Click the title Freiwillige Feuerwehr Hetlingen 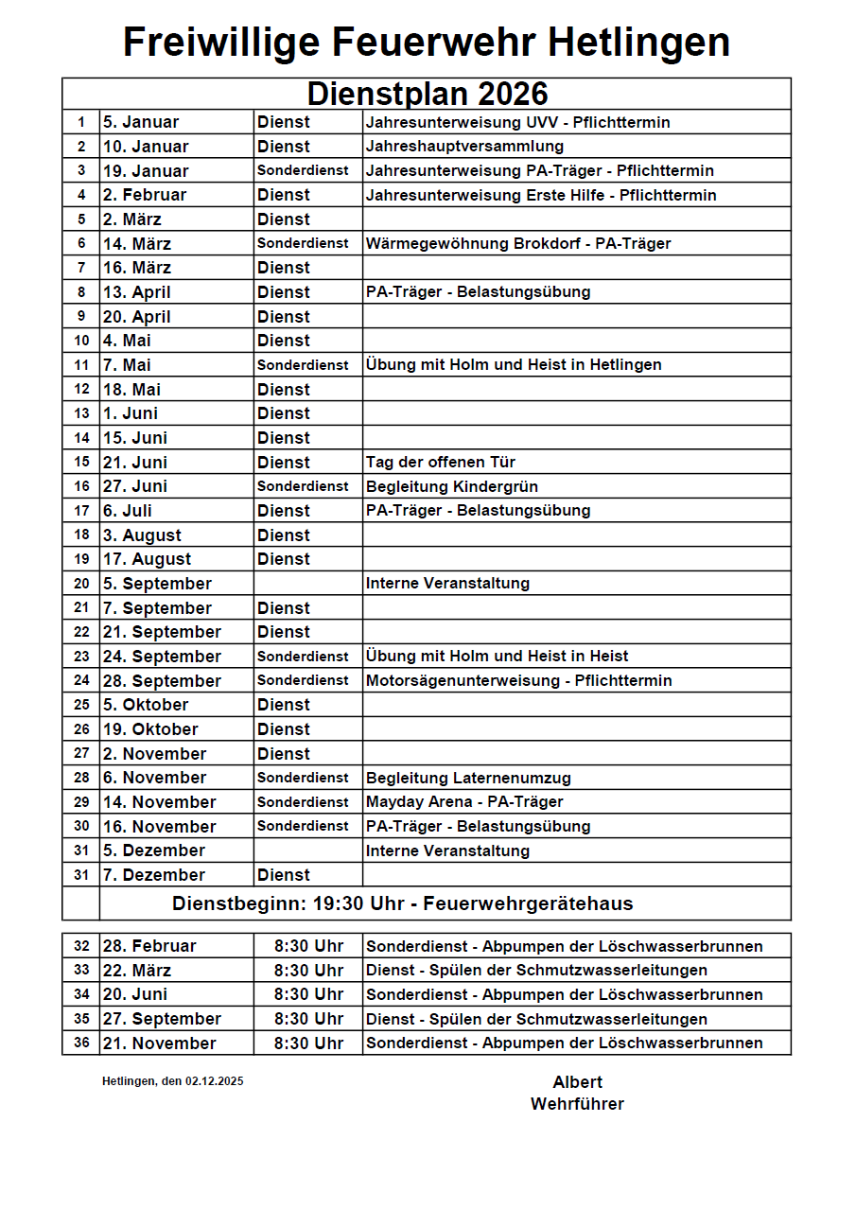427,43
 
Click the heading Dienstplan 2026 427,94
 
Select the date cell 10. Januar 146,147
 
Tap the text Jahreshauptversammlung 464,147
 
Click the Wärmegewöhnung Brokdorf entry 518,244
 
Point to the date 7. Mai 127,365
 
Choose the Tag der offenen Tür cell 441,463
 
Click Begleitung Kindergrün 452,486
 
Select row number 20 81,584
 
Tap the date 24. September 162,657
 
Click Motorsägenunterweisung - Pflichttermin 519,681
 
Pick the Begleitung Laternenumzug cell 468,779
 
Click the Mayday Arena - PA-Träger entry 464,802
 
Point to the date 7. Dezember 154,875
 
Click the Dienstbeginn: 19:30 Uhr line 403,903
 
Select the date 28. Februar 149,946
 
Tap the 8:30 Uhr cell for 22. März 308,971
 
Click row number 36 81,1043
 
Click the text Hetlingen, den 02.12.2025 172,1081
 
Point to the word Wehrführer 577,1104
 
